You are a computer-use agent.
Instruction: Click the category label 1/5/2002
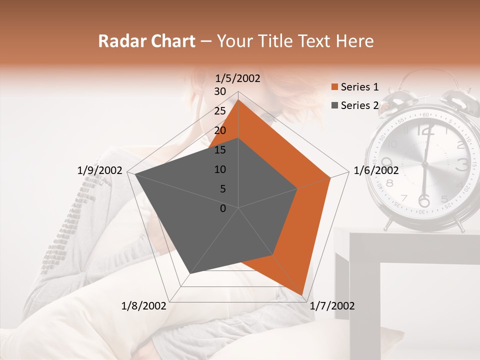237,78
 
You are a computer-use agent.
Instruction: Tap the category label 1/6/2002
376,170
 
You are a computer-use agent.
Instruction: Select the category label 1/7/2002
332,306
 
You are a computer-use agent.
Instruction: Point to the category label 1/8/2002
144,306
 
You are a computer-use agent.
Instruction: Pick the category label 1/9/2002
100,170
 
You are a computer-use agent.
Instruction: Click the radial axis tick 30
220,91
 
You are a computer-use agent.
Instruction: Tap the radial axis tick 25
220,111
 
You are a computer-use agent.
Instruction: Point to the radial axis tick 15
220,150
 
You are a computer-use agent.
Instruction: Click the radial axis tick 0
223,208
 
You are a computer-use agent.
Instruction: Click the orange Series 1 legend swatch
334,87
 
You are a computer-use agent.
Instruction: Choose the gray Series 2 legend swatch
334,105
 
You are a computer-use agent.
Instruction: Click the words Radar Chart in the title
146,41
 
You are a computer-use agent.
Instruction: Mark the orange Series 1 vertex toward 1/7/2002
302,295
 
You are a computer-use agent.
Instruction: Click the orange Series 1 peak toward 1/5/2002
238,99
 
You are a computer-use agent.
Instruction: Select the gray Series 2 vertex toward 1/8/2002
190,273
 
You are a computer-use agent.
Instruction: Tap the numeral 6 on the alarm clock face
424,201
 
